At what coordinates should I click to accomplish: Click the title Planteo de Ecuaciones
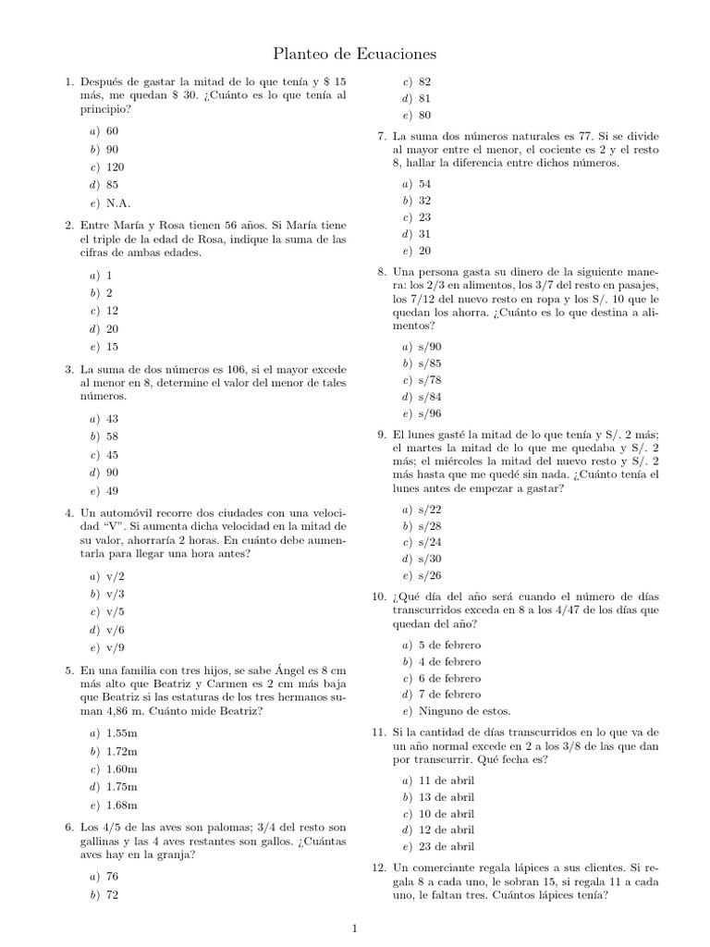pos(355,55)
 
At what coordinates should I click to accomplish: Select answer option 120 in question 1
pos(116,167)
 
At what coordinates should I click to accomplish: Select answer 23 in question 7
pos(425,216)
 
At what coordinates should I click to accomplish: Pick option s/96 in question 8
pos(430,413)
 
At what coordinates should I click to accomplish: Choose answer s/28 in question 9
pos(430,525)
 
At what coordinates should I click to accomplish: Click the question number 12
pos(379,867)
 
